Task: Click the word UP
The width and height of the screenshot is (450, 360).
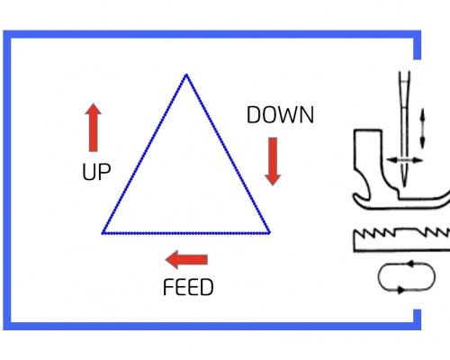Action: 96,172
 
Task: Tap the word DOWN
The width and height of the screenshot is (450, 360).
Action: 280,115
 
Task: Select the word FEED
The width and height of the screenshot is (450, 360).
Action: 188,287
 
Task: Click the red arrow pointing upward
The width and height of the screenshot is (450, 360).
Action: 94,128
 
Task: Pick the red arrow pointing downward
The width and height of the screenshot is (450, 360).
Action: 273,161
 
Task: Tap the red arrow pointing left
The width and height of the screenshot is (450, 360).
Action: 186,259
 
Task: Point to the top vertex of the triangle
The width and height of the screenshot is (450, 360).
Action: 186,75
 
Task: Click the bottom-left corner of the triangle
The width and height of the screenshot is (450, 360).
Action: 103,233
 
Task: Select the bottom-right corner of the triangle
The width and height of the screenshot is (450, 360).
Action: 269,232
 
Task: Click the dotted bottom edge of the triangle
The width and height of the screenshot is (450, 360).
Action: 186,233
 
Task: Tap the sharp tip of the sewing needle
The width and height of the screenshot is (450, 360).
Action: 405,186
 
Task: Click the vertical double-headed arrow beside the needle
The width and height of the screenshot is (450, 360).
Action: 423,129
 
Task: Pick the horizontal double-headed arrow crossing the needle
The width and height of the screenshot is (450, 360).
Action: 404,160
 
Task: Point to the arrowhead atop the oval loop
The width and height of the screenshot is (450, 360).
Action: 410,264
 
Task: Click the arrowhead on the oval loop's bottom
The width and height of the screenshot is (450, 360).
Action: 400,290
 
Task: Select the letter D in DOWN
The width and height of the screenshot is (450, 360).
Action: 253,115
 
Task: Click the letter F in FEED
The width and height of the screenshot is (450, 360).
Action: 168,287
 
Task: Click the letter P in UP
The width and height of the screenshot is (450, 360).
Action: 105,172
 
